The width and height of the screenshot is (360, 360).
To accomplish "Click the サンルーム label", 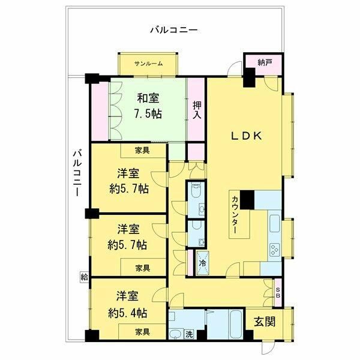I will coord(148,64).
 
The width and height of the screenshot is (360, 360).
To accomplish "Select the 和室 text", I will coord(148,98).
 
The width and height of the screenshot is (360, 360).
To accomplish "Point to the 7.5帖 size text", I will coord(148,113).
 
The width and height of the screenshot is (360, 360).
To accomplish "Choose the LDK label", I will coord(247,137).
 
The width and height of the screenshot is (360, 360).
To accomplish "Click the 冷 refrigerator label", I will coord(202,262).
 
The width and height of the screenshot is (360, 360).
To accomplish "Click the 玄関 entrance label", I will coord(264,322).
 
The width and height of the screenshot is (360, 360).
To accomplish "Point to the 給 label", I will coord(83,277).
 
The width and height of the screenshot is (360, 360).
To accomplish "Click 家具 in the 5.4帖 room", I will coord(142,331).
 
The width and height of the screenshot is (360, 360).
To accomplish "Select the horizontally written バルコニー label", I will coord(174,29).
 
